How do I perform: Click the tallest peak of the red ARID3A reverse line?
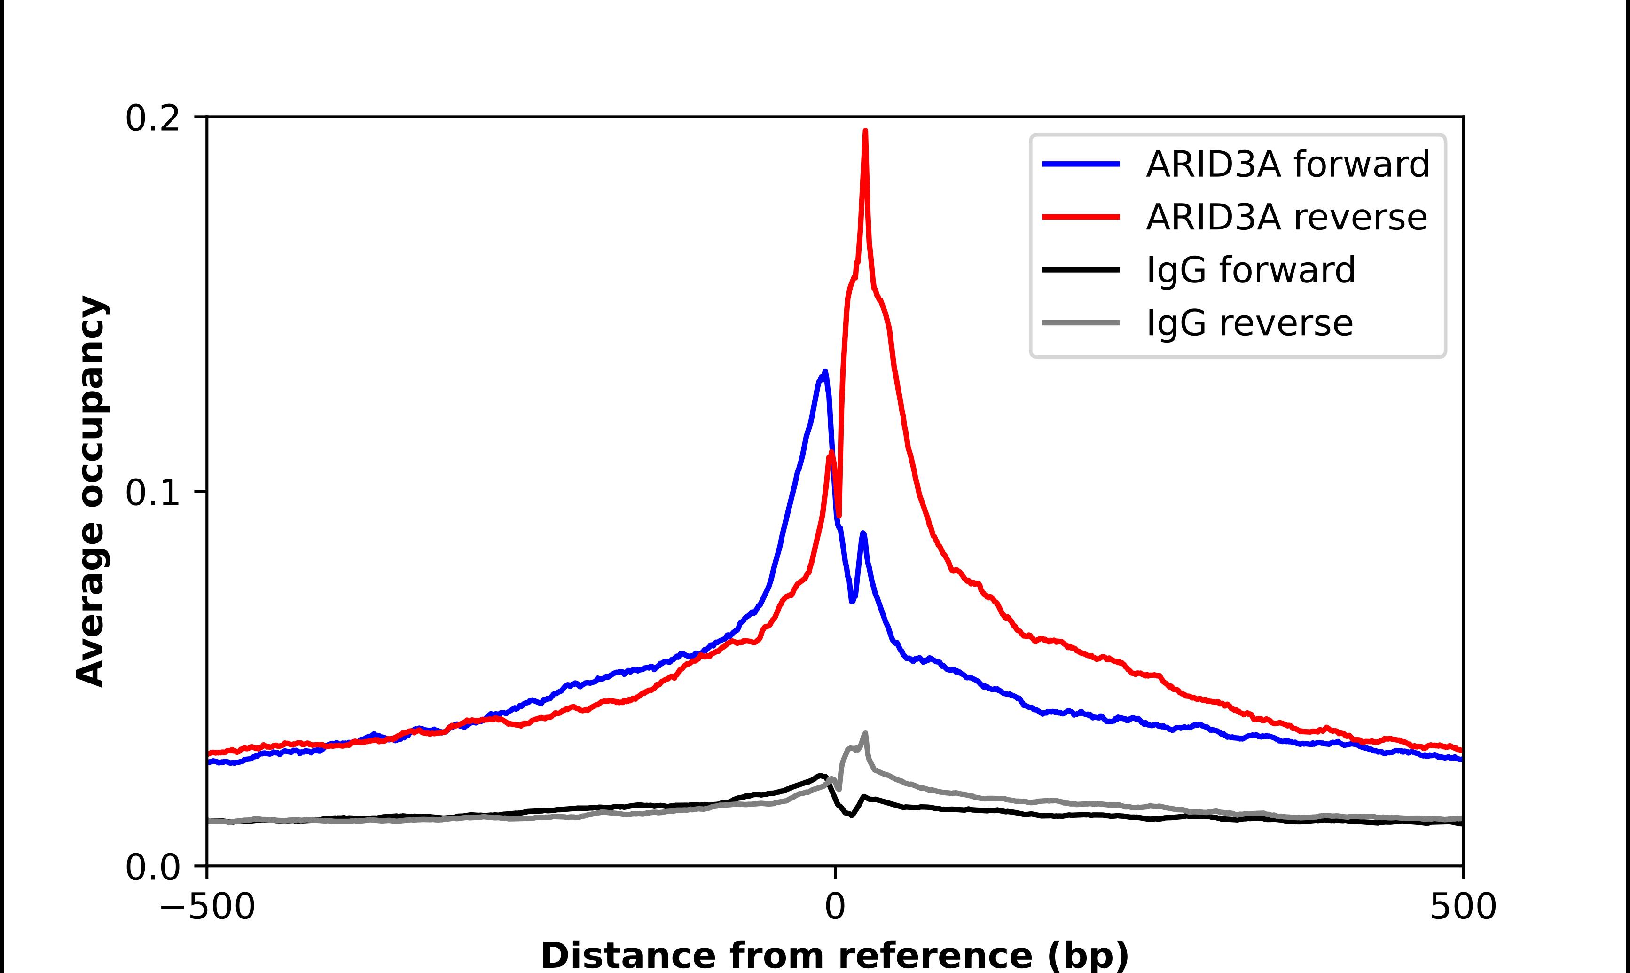click(x=865, y=132)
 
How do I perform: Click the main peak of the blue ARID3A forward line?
click(x=824, y=372)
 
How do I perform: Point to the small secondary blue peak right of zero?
click(x=862, y=534)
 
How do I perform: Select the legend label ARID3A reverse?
click(x=1286, y=217)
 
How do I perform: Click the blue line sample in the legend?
click(x=1081, y=164)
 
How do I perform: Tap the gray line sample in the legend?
click(x=1081, y=322)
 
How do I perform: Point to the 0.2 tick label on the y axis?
click(x=152, y=118)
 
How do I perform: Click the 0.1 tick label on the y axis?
click(x=152, y=493)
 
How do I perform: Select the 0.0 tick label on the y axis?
click(x=152, y=867)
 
